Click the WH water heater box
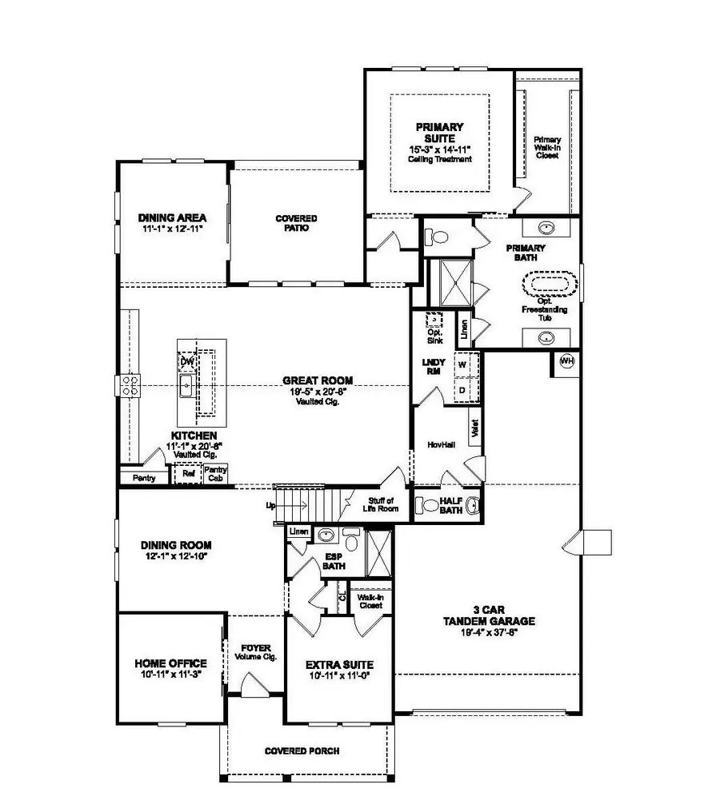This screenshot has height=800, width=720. point(566,362)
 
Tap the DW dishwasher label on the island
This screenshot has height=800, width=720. point(187,362)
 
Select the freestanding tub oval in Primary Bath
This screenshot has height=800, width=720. point(549,285)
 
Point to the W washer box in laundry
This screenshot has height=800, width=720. point(462,363)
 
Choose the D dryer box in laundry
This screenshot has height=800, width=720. point(462,389)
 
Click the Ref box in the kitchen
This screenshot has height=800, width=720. point(188,473)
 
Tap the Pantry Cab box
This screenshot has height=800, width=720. point(215,474)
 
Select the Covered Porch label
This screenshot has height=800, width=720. point(302,751)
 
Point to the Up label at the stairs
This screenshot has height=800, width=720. point(270,506)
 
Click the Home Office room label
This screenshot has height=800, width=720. point(171,663)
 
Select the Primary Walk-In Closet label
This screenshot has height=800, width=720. point(547,148)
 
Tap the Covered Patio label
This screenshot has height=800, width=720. point(296,223)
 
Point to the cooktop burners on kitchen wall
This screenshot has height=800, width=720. point(130,386)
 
